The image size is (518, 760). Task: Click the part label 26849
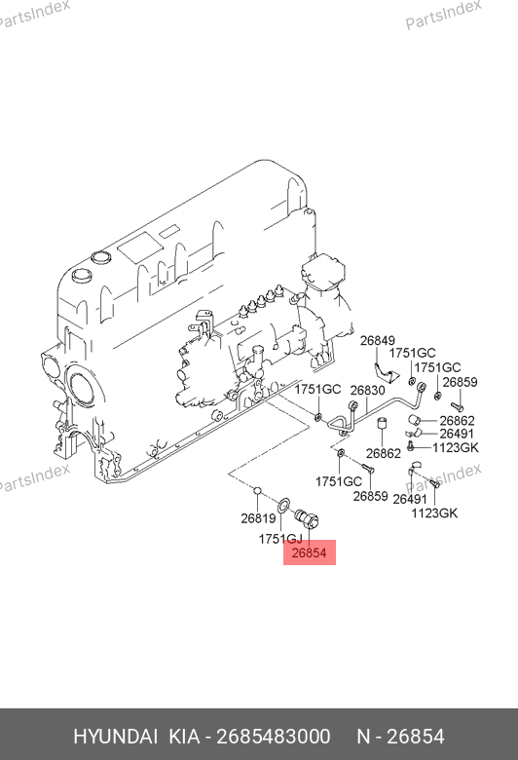(377, 341)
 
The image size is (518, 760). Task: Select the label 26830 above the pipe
(367, 390)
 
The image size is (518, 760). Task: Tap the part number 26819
(258, 518)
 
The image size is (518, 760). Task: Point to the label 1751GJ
(280, 539)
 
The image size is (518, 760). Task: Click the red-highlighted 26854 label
(310, 552)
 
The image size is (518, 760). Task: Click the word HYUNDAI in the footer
(115, 737)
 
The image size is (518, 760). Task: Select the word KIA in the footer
(184, 737)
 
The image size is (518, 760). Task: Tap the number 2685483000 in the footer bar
(273, 737)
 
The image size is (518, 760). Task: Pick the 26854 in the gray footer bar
(416, 737)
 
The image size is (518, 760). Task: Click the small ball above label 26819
(258, 491)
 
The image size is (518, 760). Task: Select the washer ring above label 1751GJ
(283, 503)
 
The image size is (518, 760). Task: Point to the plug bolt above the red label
(308, 518)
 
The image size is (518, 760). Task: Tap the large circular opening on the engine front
(82, 387)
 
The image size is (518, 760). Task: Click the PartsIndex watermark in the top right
(443, 15)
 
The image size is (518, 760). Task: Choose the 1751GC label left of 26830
(317, 389)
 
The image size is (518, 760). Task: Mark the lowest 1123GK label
(434, 513)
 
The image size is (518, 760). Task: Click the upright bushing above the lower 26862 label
(384, 423)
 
